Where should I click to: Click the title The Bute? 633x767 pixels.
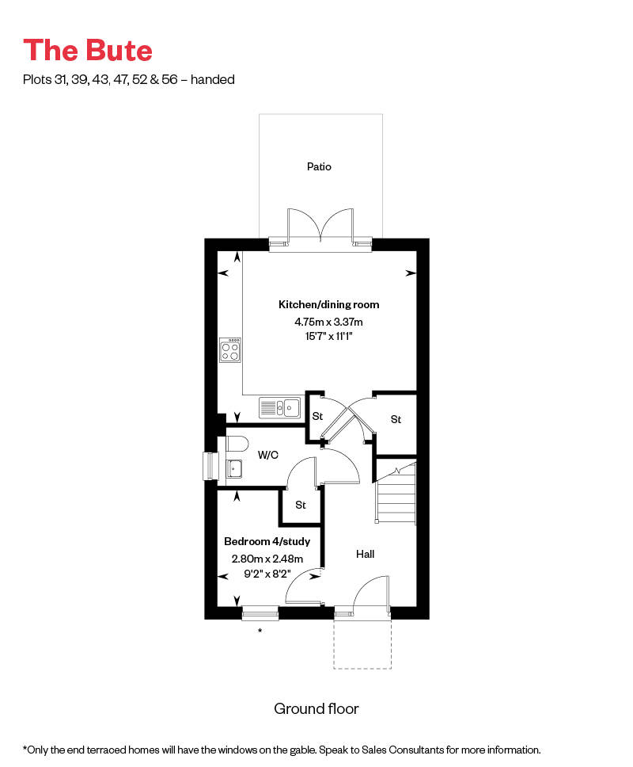[88, 50]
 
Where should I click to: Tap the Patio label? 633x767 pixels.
[319, 167]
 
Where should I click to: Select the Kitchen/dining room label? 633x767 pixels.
[328, 305]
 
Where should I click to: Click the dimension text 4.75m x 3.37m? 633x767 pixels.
[328, 322]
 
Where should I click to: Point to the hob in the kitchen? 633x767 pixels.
[230, 349]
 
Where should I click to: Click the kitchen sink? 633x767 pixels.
[280, 407]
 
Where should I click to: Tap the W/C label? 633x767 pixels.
[267, 455]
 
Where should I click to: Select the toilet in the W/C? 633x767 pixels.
[237, 443]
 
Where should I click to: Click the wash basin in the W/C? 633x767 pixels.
[234, 468]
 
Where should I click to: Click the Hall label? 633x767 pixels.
[366, 554]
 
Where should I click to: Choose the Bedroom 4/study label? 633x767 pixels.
[267, 541]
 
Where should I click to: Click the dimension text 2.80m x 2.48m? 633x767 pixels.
[267, 559]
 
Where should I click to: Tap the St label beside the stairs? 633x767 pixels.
[396, 419]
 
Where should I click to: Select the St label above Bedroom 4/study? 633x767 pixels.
[301, 505]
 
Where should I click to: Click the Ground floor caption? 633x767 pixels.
[316, 709]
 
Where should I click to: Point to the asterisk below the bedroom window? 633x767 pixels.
[260, 631]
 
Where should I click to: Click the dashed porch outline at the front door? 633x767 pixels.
[362, 668]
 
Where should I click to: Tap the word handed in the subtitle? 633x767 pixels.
[213, 79]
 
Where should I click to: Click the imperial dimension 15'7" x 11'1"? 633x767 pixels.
[328, 337]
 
